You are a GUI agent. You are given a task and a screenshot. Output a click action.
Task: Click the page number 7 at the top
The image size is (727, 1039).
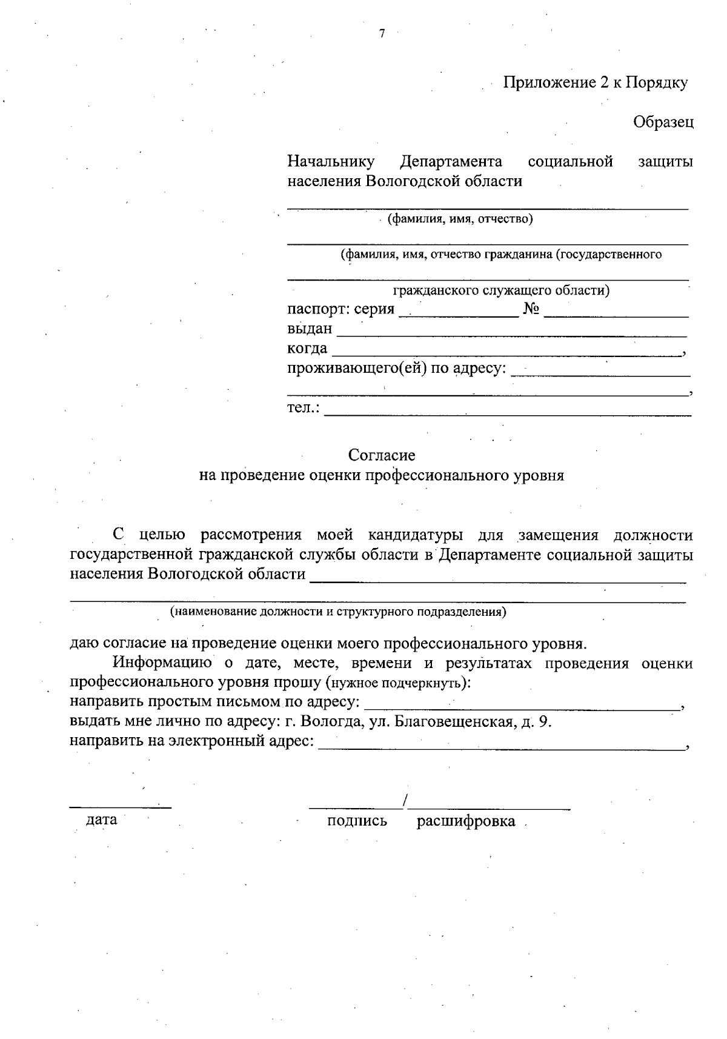click(x=382, y=34)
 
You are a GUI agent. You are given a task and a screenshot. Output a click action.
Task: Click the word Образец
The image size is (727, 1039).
click(x=663, y=122)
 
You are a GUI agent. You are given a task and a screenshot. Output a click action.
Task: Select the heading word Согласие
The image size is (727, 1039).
click(x=382, y=455)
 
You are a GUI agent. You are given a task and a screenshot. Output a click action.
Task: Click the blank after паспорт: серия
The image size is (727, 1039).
click(x=459, y=311)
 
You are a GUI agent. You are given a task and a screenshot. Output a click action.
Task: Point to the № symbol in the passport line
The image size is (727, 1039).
click(x=531, y=309)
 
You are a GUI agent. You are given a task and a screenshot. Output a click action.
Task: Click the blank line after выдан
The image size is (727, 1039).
click(x=511, y=331)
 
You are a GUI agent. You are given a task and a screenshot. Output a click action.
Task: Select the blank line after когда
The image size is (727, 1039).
click(x=506, y=350)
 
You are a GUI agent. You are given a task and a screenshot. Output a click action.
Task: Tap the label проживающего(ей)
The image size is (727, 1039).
click(x=357, y=368)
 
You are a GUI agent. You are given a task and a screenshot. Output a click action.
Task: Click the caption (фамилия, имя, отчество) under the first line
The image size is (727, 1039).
click(x=460, y=219)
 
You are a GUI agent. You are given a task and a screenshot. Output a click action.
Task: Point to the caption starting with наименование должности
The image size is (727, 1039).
click(x=338, y=612)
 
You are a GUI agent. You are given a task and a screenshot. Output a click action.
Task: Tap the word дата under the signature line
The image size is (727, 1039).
click(x=102, y=820)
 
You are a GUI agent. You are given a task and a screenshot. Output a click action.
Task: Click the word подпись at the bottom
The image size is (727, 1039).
click(x=357, y=821)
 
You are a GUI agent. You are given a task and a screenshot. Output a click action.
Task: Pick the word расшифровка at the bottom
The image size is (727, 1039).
click(x=466, y=821)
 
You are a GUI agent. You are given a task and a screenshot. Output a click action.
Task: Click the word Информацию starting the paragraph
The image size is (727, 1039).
click(x=162, y=663)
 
